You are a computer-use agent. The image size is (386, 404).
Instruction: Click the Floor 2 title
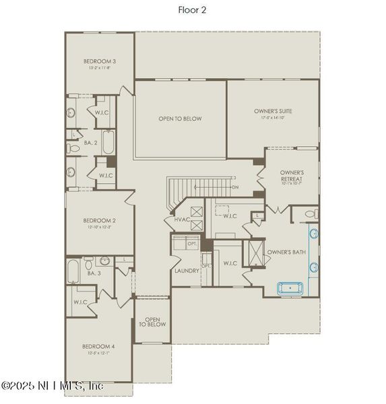click(x=193, y=9)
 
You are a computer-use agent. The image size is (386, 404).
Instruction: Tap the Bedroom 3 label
click(x=100, y=61)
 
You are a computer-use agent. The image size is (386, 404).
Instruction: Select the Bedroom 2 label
click(x=100, y=220)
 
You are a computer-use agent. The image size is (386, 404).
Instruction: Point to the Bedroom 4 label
click(x=99, y=346)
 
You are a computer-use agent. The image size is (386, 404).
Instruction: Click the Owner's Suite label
click(x=273, y=110)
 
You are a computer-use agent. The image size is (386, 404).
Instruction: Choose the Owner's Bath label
click(x=286, y=252)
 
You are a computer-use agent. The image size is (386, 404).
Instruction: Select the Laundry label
click(x=186, y=271)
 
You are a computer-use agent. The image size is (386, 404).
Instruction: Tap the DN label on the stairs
click(x=234, y=187)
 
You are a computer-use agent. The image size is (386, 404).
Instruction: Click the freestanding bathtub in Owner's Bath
click(x=292, y=288)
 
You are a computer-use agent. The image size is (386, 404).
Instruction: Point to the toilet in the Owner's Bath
click(x=309, y=215)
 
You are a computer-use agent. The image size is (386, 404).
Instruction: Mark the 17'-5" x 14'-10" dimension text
click(x=273, y=118)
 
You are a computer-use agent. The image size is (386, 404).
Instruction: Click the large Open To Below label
click(x=180, y=119)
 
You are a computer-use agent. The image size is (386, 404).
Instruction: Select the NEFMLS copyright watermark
click(x=52, y=386)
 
